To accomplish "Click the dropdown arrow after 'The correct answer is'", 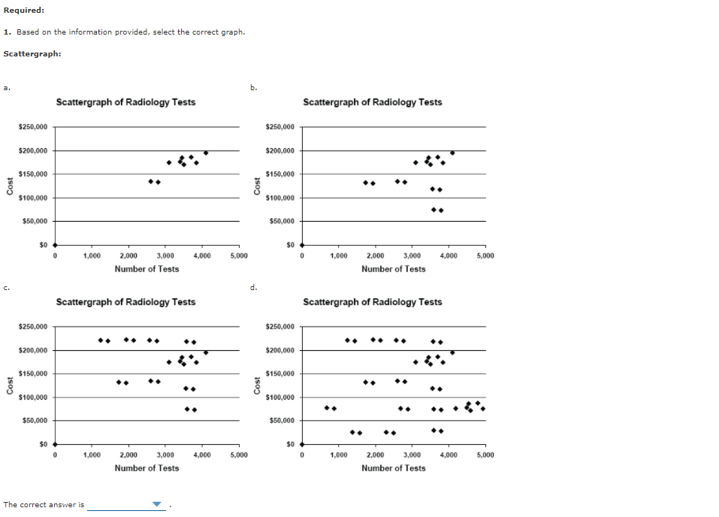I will pos(157,504).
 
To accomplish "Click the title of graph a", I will pos(125,102).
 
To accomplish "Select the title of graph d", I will pos(372,302).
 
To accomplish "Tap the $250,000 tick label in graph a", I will pos(33,128).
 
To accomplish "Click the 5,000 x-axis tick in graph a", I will pos(239,256).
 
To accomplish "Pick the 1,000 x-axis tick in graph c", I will pos(92,455).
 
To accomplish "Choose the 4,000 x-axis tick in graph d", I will pos(448,455).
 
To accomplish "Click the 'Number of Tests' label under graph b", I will pos(393,269).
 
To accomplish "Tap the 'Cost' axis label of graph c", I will pos(10,385).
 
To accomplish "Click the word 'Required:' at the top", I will pos(23,10).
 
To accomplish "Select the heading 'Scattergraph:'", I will pos(32,53).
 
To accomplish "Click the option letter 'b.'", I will pos(253,88).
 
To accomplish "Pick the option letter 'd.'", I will pos(253,287).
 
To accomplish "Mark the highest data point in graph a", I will pos(206,153).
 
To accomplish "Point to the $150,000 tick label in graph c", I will pos(33,374).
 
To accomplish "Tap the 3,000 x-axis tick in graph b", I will pos(412,256).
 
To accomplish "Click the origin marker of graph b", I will pos(302,245).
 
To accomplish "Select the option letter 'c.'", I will pos(6,287).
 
